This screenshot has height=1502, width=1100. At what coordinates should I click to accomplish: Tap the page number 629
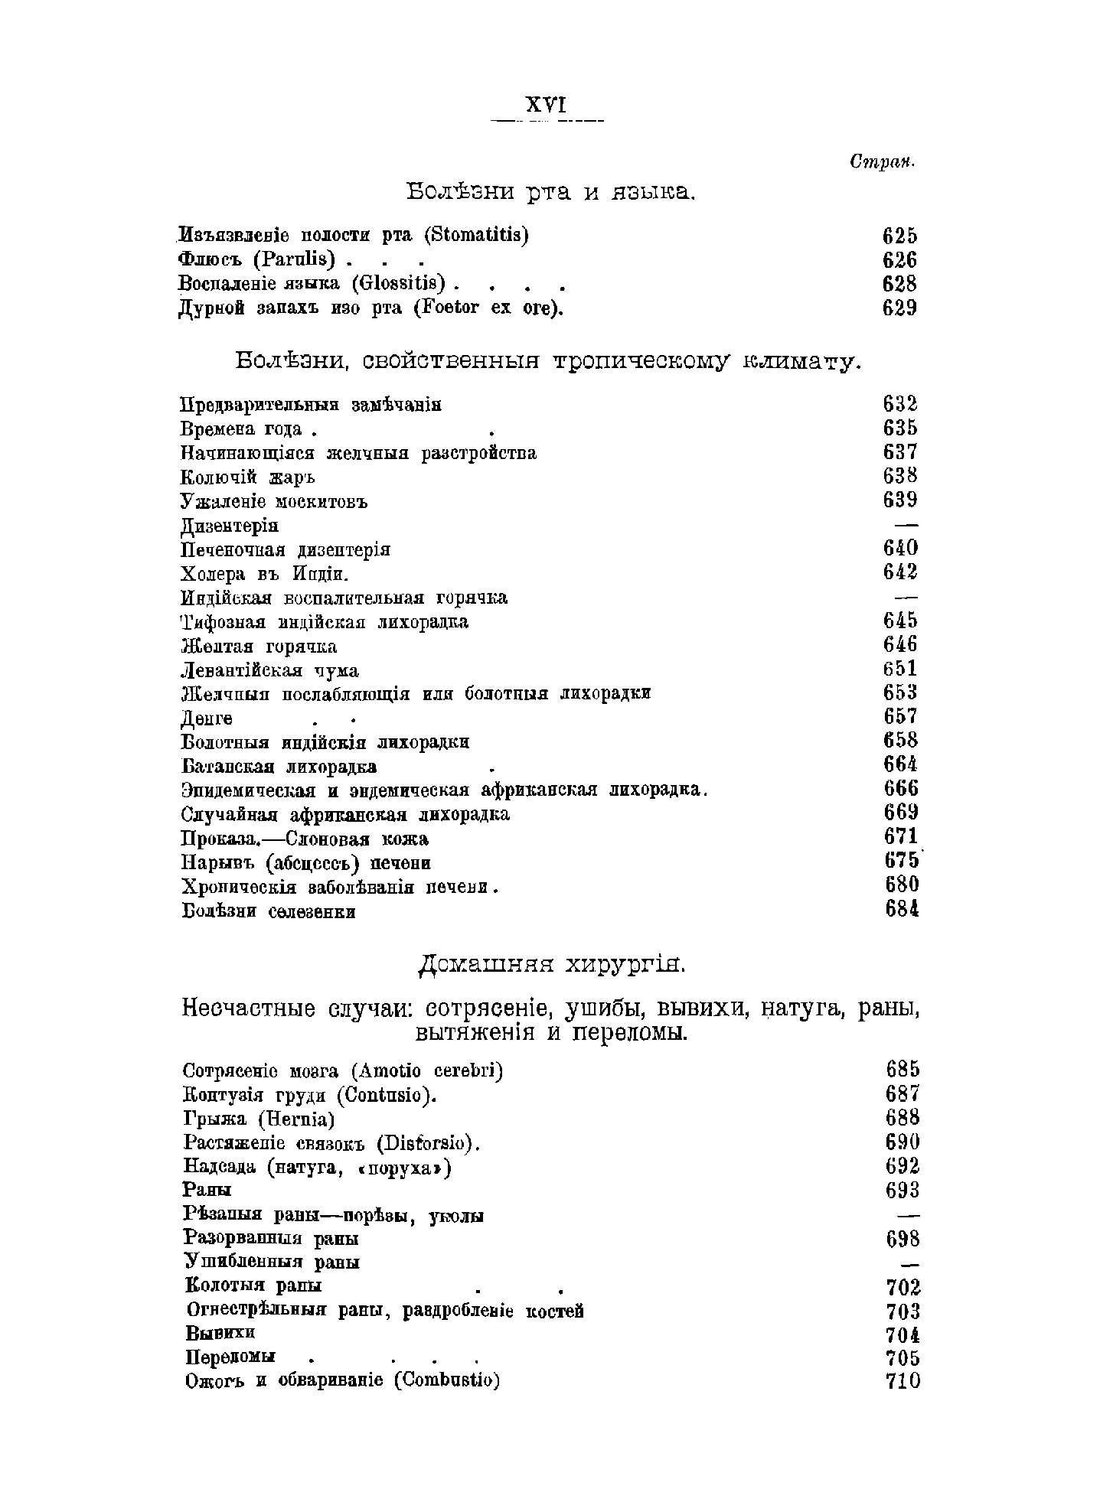[899, 308]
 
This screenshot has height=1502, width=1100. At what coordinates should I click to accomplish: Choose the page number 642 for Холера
[900, 572]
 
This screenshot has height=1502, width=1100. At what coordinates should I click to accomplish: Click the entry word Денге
[207, 718]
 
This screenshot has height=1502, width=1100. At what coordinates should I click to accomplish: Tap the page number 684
[901, 909]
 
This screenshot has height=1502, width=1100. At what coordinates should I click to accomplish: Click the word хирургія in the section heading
[626, 966]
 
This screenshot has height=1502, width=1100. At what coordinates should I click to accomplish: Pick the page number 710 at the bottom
[903, 1381]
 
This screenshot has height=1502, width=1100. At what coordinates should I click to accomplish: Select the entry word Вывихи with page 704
[220, 1332]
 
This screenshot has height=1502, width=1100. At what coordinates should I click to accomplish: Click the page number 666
[901, 788]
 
